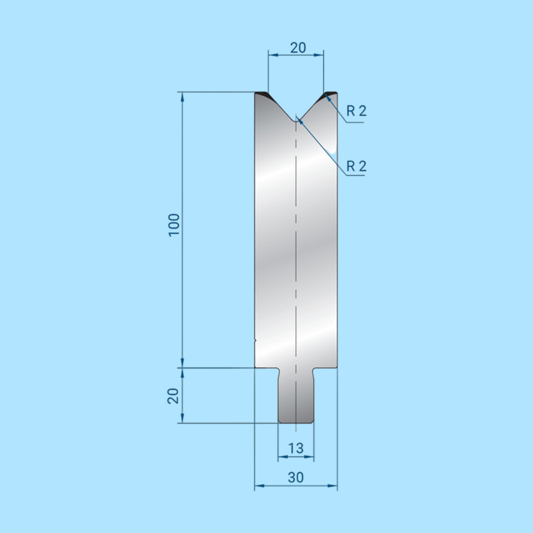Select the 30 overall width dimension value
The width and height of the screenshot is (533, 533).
tap(296, 477)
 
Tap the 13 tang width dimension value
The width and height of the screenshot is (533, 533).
tap(296, 449)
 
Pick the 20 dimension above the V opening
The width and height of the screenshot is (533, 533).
tap(298, 47)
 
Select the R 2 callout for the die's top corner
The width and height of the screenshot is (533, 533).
tap(356, 111)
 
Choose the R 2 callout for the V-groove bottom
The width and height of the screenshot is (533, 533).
tap(356, 167)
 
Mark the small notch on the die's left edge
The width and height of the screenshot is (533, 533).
tap(255, 340)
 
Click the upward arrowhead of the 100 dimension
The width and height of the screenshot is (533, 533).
tap(183, 96)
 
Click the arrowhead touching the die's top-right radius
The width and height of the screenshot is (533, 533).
tap(329, 97)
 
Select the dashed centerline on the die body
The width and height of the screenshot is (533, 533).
tap(296, 242)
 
